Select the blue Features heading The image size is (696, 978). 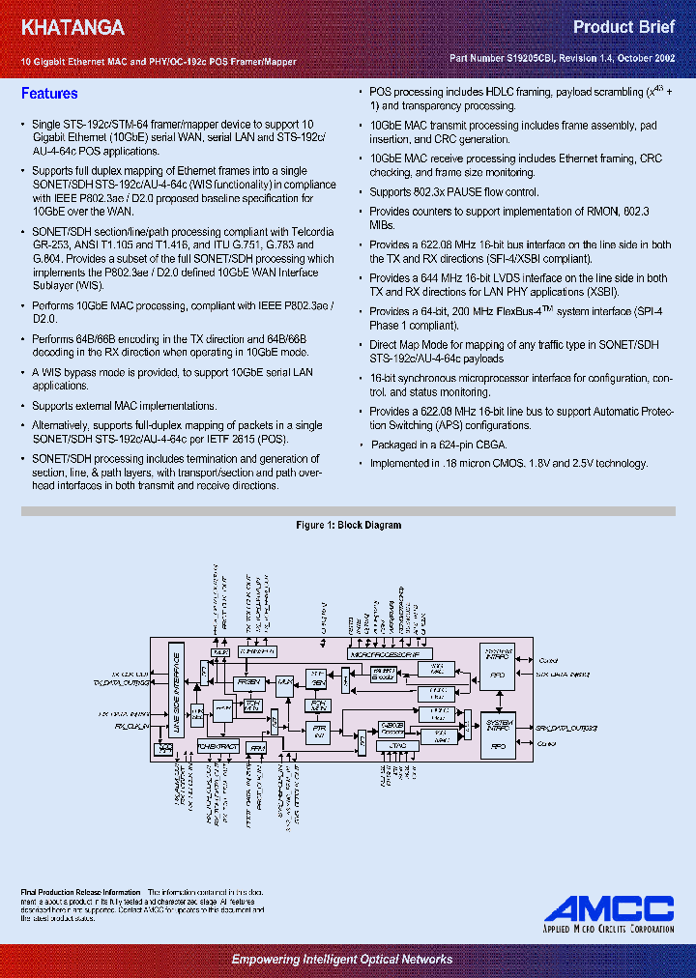coord(49,94)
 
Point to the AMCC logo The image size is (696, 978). coord(608,908)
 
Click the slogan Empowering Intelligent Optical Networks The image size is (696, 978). coord(341,959)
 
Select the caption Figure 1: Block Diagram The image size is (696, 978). coord(348,526)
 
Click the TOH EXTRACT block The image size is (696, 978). coord(217,746)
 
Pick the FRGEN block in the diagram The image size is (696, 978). coord(249,681)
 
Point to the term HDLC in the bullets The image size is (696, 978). coord(496,94)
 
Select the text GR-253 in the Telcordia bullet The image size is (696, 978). coord(50,244)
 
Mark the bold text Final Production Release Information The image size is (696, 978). coord(80,891)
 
